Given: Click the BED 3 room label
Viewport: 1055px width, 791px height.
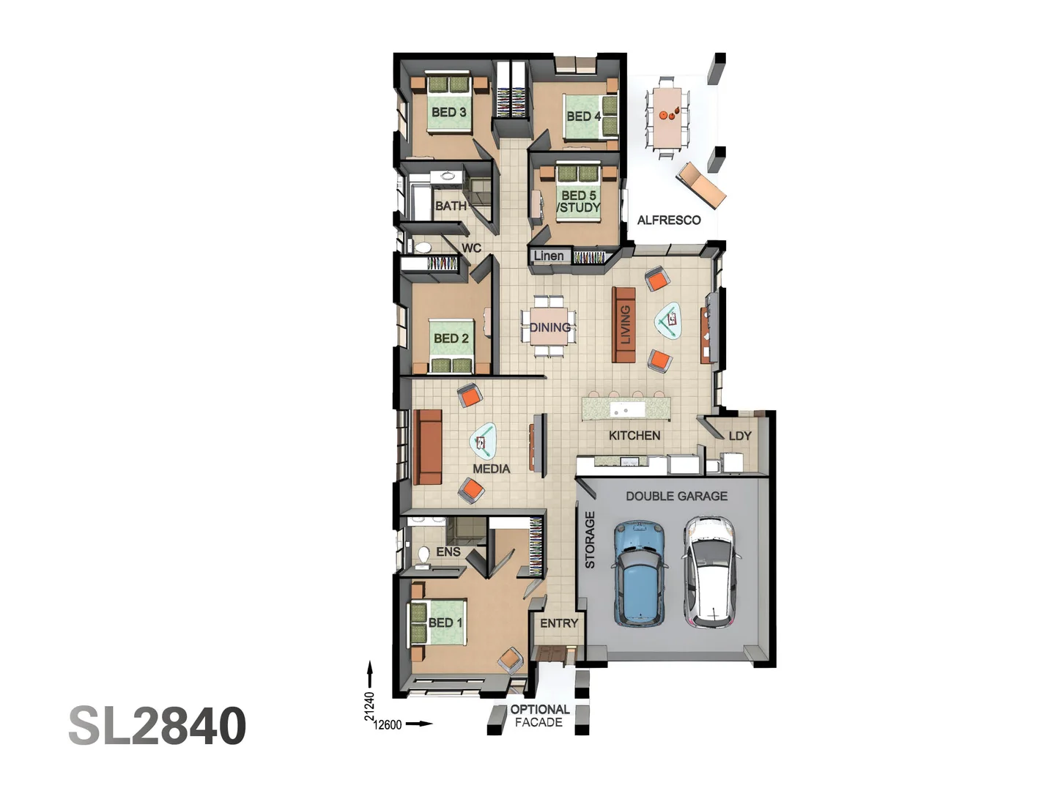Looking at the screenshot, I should point(448,112).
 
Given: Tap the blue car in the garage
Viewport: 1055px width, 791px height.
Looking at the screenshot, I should point(640,573).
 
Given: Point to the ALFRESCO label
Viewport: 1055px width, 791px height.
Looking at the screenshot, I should point(668,220).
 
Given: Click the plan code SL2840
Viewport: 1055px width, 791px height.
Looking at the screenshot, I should point(157,726).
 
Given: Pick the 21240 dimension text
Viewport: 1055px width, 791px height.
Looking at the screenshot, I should point(369,706).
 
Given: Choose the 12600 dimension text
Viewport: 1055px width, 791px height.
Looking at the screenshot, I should point(388,724).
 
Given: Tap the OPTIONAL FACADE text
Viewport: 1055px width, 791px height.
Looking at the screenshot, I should point(539,716).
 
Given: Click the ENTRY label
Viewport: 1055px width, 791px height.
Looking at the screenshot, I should point(559,623).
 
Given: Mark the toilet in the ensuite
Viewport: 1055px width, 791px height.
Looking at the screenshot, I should point(423,556).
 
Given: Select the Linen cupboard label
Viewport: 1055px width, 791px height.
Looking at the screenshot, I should point(549,256).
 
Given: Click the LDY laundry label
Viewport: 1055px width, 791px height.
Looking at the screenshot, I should point(740,436).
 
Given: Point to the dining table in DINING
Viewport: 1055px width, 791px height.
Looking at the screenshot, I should point(549,327).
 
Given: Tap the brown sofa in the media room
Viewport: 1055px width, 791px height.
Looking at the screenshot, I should point(428,447).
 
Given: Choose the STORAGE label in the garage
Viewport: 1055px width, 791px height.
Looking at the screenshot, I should point(590,540).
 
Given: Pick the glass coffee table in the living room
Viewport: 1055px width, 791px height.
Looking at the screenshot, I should point(668,320).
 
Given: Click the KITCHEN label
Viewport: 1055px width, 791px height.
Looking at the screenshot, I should point(634,435).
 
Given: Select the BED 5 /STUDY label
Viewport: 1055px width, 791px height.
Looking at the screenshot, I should point(579,201).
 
